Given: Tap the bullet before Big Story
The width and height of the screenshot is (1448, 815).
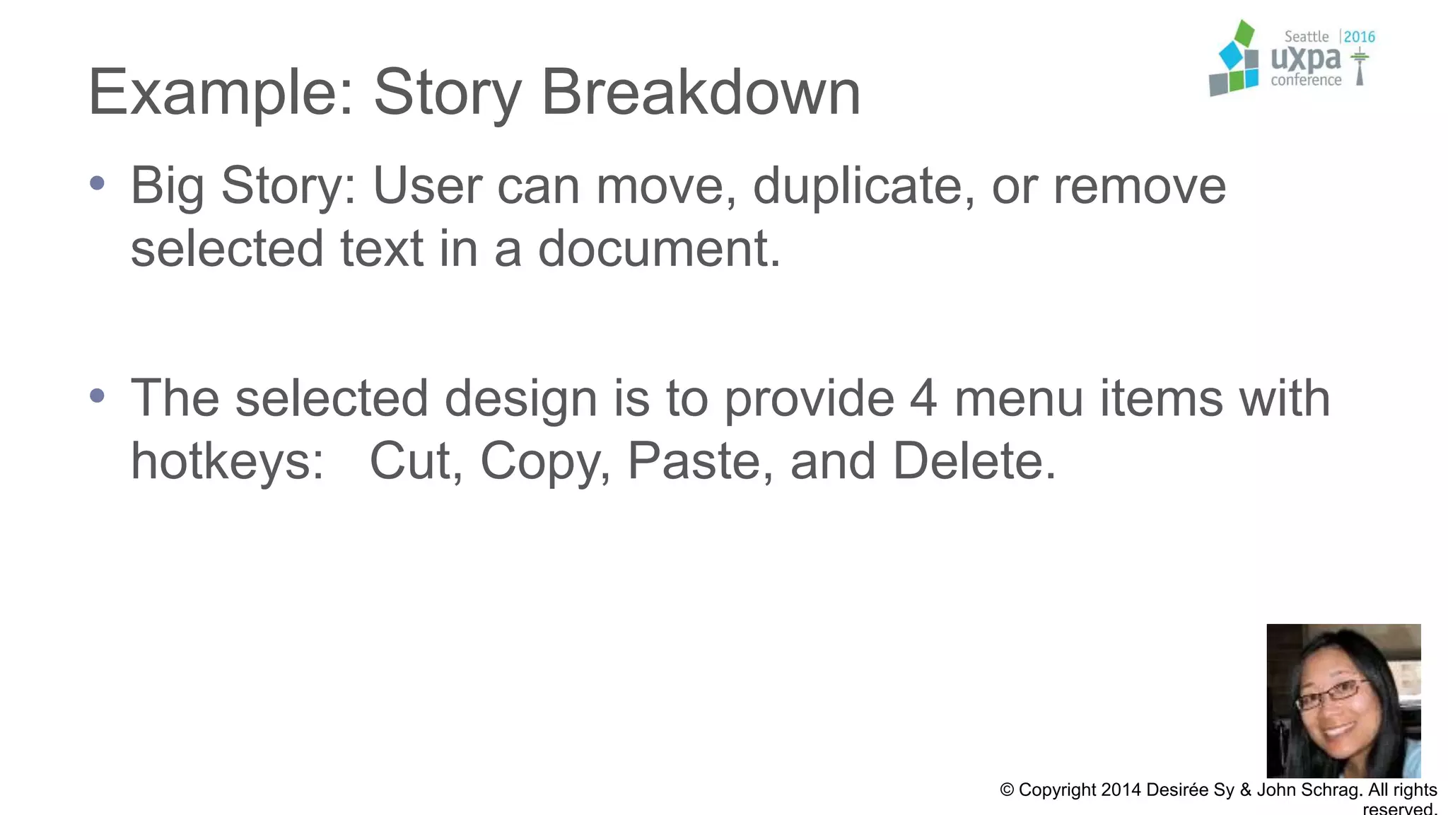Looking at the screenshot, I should (98, 183).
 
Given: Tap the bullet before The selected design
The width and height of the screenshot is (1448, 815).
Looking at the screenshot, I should (98, 395).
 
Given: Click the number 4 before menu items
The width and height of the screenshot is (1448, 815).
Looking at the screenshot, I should (923, 398).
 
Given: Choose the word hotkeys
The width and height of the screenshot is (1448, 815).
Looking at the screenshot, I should (227, 461).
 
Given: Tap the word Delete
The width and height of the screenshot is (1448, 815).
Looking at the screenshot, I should (974, 461).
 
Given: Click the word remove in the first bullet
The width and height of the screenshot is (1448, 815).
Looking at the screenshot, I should (1139, 186).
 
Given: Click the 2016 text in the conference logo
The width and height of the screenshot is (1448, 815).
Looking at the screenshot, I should (1359, 37).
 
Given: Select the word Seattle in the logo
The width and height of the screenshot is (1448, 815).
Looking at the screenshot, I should (1306, 37).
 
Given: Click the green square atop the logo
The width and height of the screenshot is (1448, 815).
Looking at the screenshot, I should (1244, 33).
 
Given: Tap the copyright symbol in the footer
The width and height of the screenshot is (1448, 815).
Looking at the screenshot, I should (1007, 790).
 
